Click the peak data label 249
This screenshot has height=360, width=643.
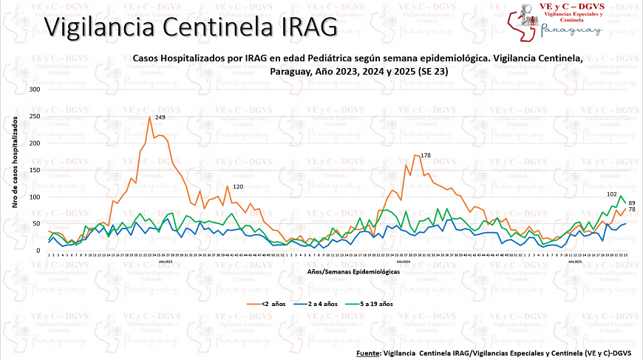click(x=160, y=118)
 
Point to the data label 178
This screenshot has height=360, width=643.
click(x=425, y=155)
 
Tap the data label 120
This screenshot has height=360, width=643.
click(x=238, y=187)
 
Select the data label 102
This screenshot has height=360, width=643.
click(x=611, y=194)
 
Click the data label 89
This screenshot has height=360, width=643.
click(x=632, y=203)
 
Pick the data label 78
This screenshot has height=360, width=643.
click(x=632, y=210)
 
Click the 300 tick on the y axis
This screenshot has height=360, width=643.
click(x=34, y=89)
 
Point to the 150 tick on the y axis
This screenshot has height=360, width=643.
click(x=34, y=170)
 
